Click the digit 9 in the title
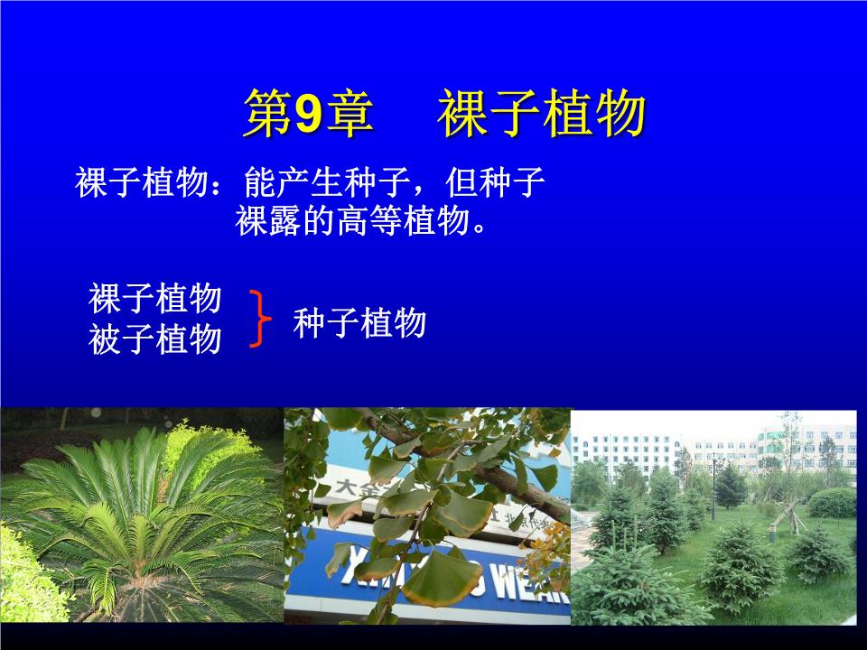pos(308,116)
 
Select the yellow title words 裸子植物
pos(543,116)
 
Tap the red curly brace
pos(260,319)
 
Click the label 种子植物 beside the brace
pos(359,322)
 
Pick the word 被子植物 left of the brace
pos(155,339)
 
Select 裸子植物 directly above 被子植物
pos(155,297)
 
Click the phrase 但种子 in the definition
pos(496,183)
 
